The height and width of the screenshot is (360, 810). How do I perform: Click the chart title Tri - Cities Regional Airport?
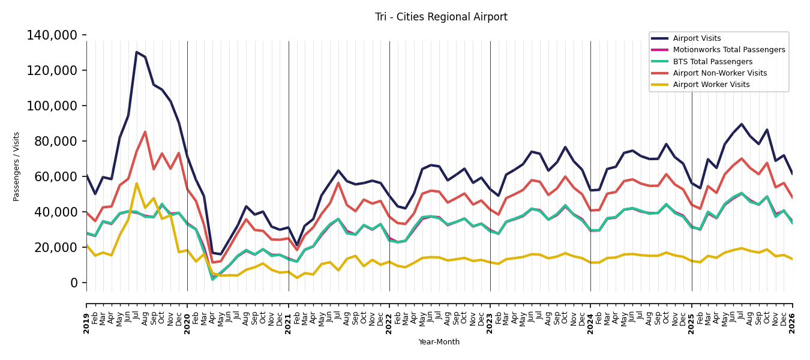point(441,17)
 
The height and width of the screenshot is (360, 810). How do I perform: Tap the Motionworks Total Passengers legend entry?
point(718,50)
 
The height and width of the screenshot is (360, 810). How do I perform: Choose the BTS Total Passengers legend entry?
point(702,62)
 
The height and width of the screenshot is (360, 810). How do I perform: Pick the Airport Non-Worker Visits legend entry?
point(709,73)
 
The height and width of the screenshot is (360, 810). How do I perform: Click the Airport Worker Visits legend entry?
point(700,85)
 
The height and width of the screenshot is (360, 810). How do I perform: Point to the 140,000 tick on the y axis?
point(52,35)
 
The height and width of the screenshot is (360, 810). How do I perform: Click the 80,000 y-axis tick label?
point(56,142)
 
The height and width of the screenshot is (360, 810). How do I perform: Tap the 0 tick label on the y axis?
point(74,283)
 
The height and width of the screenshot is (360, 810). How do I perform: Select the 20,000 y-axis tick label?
point(56,247)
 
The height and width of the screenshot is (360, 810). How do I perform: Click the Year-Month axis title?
point(439,342)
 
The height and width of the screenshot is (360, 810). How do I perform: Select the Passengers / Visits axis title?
point(16,167)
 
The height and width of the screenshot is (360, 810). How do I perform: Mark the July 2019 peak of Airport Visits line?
point(136,52)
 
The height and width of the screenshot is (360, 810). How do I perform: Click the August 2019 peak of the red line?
point(145,131)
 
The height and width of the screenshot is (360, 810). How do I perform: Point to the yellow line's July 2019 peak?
point(136,183)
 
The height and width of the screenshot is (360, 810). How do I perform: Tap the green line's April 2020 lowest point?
point(212,280)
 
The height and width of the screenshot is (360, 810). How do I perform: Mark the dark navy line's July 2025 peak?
point(742,124)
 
